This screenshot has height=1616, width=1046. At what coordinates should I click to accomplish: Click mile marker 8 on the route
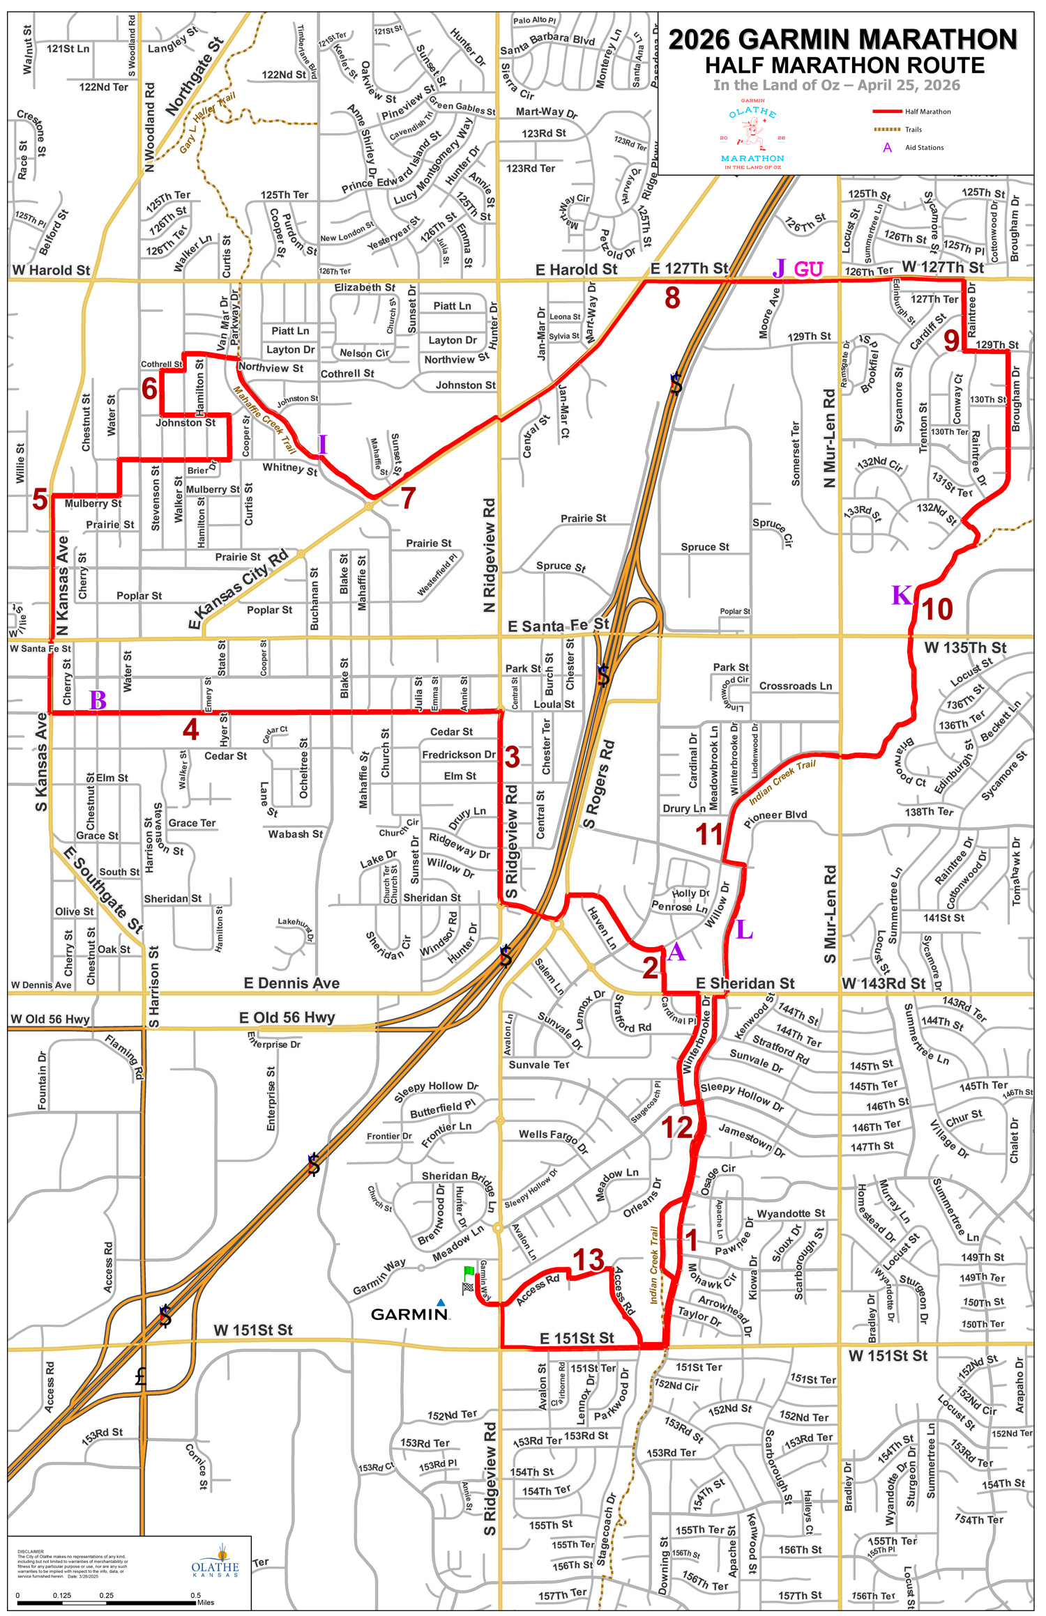click(x=672, y=298)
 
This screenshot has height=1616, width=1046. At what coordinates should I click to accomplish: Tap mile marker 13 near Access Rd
click(x=588, y=1260)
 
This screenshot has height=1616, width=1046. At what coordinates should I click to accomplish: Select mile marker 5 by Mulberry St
click(x=40, y=500)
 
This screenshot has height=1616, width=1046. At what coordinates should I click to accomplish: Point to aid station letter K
click(x=901, y=595)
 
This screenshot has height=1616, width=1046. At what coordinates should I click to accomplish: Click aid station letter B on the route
click(x=98, y=700)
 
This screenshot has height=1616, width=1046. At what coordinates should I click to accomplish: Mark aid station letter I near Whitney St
click(x=322, y=444)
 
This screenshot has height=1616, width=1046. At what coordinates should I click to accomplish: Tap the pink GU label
click(x=808, y=269)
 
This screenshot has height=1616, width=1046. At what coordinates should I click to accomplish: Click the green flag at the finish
click(x=469, y=1272)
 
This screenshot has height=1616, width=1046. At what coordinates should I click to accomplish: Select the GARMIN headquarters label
click(x=409, y=1314)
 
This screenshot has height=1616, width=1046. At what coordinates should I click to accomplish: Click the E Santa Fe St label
click(x=558, y=626)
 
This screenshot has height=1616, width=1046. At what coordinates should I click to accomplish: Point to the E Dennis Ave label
click(x=291, y=983)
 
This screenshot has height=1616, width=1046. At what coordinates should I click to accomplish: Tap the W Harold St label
click(x=51, y=270)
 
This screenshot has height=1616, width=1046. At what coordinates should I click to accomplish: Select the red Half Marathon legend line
click(x=887, y=111)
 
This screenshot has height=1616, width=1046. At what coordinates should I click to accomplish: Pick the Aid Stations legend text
click(x=924, y=148)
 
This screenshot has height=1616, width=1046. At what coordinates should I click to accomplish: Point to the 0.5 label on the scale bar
click(x=195, y=1595)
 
